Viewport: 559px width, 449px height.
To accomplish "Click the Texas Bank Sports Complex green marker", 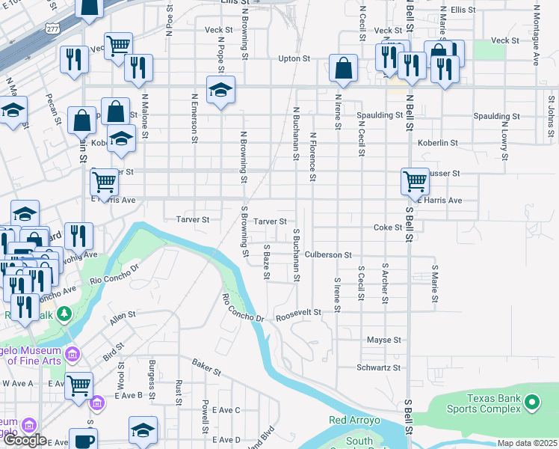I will tap(531, 403).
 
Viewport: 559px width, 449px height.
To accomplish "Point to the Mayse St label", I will tap(384, 340).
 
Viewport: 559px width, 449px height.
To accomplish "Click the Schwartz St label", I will tap(379, 367).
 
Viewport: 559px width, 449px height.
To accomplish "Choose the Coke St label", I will tap(388, 227).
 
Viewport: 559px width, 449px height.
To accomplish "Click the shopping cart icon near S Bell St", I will tap(415, 180).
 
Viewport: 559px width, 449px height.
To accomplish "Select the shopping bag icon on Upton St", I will tap(342, 68).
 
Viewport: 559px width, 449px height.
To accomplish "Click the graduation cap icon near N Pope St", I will tap(220, 90).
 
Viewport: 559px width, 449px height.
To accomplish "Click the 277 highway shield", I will tap(52, 28).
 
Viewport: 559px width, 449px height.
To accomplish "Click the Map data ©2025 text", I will tap(528, 443).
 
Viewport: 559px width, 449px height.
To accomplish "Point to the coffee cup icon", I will tap(83, 439).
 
